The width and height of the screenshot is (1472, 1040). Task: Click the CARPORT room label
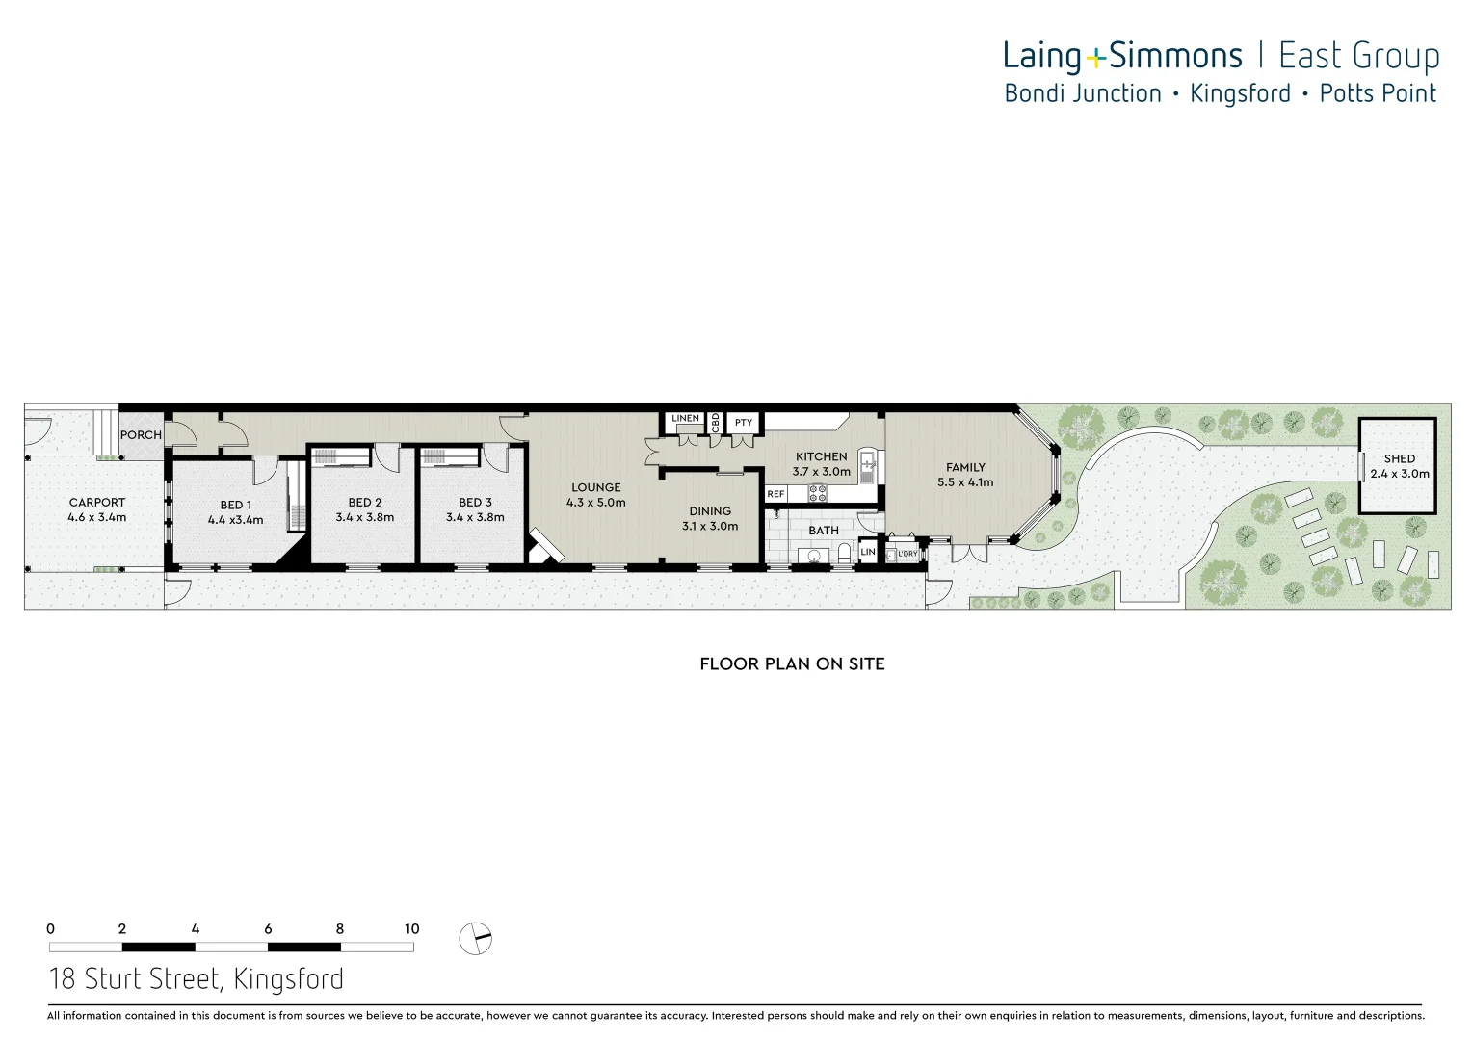pyautogui.click(x=97, y=503)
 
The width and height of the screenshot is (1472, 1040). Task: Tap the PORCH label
pyautogui.click(x=141, y=435)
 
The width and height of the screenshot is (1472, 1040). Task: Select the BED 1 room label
pyautogui.click(x=235, y=506)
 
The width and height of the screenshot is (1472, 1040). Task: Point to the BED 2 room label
pyautogui.click(x=365, y=503)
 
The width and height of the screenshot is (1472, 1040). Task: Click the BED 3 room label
pyautogui.click(x=475, y=503)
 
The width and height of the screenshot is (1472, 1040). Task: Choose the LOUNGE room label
pyautogui.click(x=595, y=488)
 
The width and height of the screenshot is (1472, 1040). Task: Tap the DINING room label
pyautogui.click(x=710, y=511)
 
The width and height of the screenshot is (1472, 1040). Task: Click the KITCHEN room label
pyautogui.click(x=821, y=457)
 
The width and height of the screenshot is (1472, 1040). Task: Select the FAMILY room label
pyautogui.click(x=965, y=468)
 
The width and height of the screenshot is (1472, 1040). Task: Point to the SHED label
pyautogui.click(x=1399, y=459)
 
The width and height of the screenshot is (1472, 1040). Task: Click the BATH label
pyautogui.click(x=824, y=531)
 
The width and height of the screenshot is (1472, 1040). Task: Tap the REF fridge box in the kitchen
pyautogui.click(x=776, y=494)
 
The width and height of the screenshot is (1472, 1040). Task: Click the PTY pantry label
pyautogui.click(x=744, y=423)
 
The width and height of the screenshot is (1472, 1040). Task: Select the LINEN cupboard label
pyautogui.click(x=685, y=419)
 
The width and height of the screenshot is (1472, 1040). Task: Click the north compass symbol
pyautogui.click(x=475, y=938)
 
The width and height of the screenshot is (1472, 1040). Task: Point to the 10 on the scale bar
pyautogui.click(x=412, y=929)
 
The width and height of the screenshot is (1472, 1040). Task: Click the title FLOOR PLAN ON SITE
pyautogui.click(x=792, y=663)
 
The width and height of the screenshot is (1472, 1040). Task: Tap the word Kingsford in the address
pyautogui.click(x=288, y=979)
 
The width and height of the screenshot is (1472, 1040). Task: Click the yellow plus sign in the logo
pyautogui.click(x=1095, y=60)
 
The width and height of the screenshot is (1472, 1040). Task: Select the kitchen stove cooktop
pyautogui.click(x=817, y=493)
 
